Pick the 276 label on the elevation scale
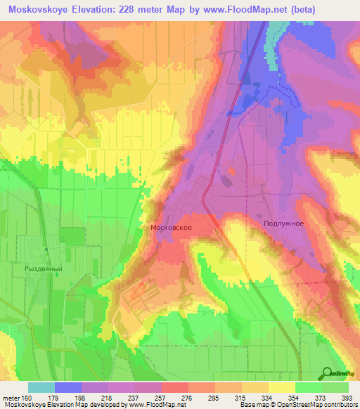pyautogui.click(x=188, y=398)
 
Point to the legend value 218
pyautogui.click(x=108, y=398)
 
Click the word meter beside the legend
pyautogui.click(x=10, y=398)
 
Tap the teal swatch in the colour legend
pyautogui.click(x=41, y=387)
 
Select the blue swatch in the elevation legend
pyautogui.click(x=68, y=387)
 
